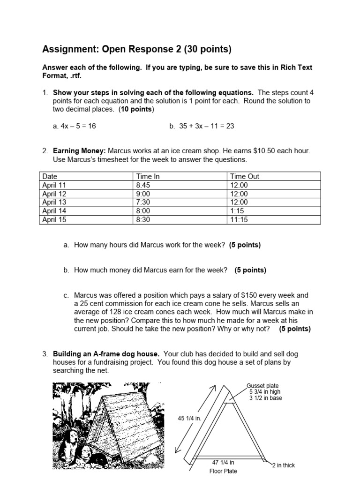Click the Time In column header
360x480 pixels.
(147, 177)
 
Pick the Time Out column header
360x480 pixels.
(244, 177)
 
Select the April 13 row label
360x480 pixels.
(54, 202)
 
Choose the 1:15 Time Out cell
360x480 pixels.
(237, 210)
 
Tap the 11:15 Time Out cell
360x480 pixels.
(239, 219)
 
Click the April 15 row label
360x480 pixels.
(54, 219)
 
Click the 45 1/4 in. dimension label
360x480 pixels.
(189, 418)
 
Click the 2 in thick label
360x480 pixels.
(284, 465)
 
